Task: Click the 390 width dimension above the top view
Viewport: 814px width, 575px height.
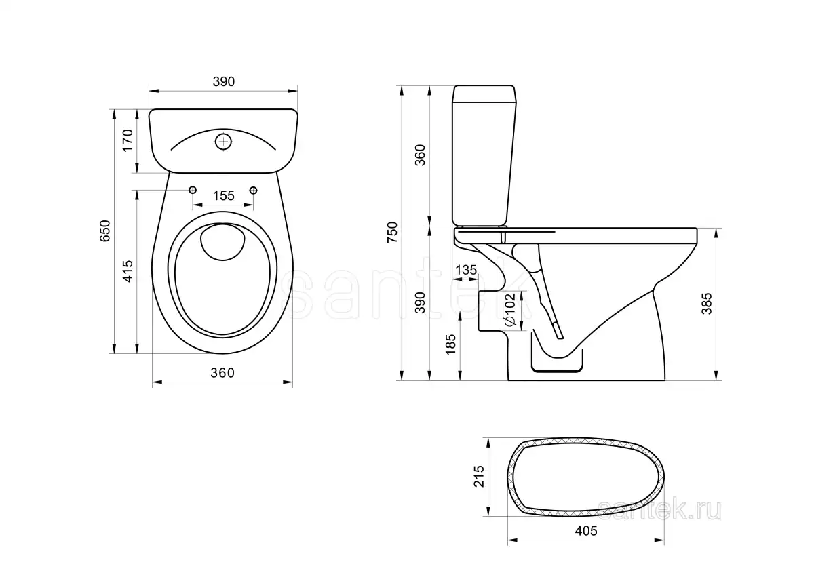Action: [223, 82]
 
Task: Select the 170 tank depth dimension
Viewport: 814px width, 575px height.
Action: [126, 140]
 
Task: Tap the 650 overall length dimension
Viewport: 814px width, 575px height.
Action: [104, 231]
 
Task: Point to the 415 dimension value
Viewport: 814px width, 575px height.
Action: [127, 272]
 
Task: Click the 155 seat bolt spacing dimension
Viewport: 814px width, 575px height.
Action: [223, 196]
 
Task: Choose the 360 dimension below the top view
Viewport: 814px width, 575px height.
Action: [222, 373]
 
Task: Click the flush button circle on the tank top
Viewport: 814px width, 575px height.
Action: [223, 141]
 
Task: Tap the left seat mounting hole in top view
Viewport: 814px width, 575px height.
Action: [193, 190]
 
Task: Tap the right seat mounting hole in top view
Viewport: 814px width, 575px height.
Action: [254, 190]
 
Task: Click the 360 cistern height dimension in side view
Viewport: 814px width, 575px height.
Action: [420, 156]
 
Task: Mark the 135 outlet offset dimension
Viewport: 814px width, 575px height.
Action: [465, 269]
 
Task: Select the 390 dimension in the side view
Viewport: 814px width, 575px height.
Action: [420, 302]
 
